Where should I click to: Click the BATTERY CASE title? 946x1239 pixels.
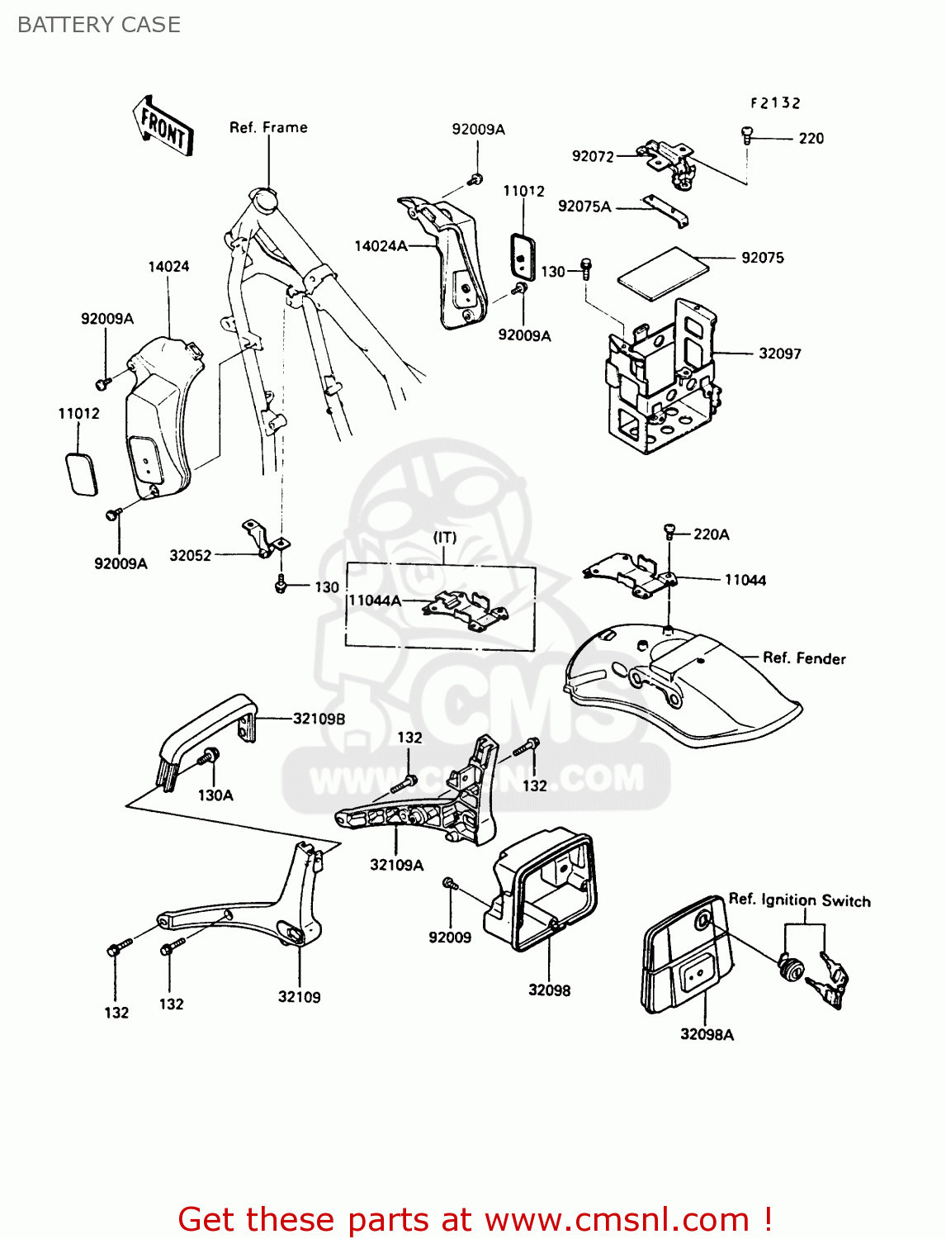click(x=98, y=25)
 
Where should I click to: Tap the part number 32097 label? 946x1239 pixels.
click(x=779, y=354)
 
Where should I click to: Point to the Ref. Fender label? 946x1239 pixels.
click(x=803, y=658)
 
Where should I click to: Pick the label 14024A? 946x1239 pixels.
click(x=381, y=246)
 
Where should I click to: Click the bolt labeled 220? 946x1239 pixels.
click(x=747, y=135)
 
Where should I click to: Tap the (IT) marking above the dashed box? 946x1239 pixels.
click(x=445, y=538)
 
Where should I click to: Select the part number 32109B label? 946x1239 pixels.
click(x=319, y=719)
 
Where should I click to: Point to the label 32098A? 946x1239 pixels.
click(x=707, y=1034)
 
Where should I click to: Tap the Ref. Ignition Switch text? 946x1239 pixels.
click(x=798, y=900)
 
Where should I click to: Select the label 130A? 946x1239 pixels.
click(x=215, y=795)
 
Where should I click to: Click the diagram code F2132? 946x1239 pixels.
click(x=775, y=103)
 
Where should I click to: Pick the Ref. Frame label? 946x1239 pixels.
click(x=268, y=127)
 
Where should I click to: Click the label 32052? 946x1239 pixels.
click(x=190, y=556)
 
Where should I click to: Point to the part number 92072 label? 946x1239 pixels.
click(x=593, y=156)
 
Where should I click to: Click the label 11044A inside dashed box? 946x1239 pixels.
click(x=375, y=601)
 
